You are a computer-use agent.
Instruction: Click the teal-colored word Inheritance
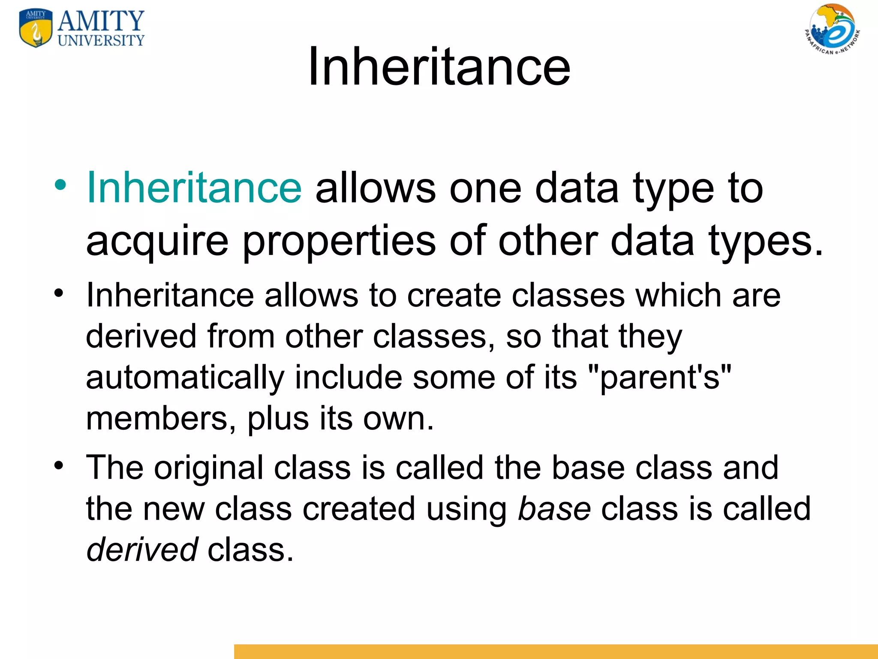pos(194,187)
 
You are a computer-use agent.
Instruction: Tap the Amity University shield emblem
pos(36,28)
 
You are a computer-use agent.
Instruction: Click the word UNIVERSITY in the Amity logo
pos(101,41)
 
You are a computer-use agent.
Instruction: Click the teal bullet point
pos(60,185)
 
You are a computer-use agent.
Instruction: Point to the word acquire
pos(157,241)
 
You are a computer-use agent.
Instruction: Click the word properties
pos(339,241)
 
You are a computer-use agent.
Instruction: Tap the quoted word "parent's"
pos(660,378)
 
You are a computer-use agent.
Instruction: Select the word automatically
pos(185,378)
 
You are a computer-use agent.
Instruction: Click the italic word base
pos(554,509)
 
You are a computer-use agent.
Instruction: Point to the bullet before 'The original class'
pos(59,465)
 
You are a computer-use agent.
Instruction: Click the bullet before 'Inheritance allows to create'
pos(59,293)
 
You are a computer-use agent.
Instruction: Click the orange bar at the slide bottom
pos(556,651)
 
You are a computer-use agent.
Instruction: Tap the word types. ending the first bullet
pos(765,241)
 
